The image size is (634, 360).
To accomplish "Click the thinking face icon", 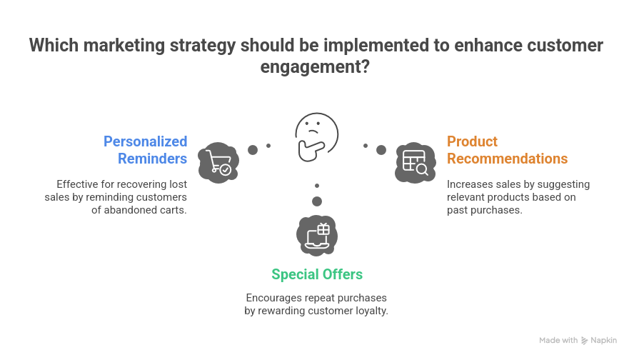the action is (316, 136).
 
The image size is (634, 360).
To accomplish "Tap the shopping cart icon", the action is (218, 163).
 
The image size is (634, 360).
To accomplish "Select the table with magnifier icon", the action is (416, 163).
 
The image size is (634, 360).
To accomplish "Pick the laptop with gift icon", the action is (317, 236).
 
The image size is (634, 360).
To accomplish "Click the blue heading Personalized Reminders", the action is (146, 150).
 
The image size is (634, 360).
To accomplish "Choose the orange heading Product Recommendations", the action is (507, 150).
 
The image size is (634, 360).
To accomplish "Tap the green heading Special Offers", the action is (317, 274).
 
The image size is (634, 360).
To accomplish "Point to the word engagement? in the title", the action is (315, 66).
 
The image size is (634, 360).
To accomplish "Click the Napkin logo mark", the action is (584, 341).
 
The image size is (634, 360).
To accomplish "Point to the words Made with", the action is (558, 340).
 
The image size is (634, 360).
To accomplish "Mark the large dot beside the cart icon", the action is (253, 150).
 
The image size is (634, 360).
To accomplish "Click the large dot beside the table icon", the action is (381, 150).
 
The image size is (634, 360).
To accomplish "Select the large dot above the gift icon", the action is (317, 201).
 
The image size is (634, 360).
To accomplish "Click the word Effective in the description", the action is (77, 184).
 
